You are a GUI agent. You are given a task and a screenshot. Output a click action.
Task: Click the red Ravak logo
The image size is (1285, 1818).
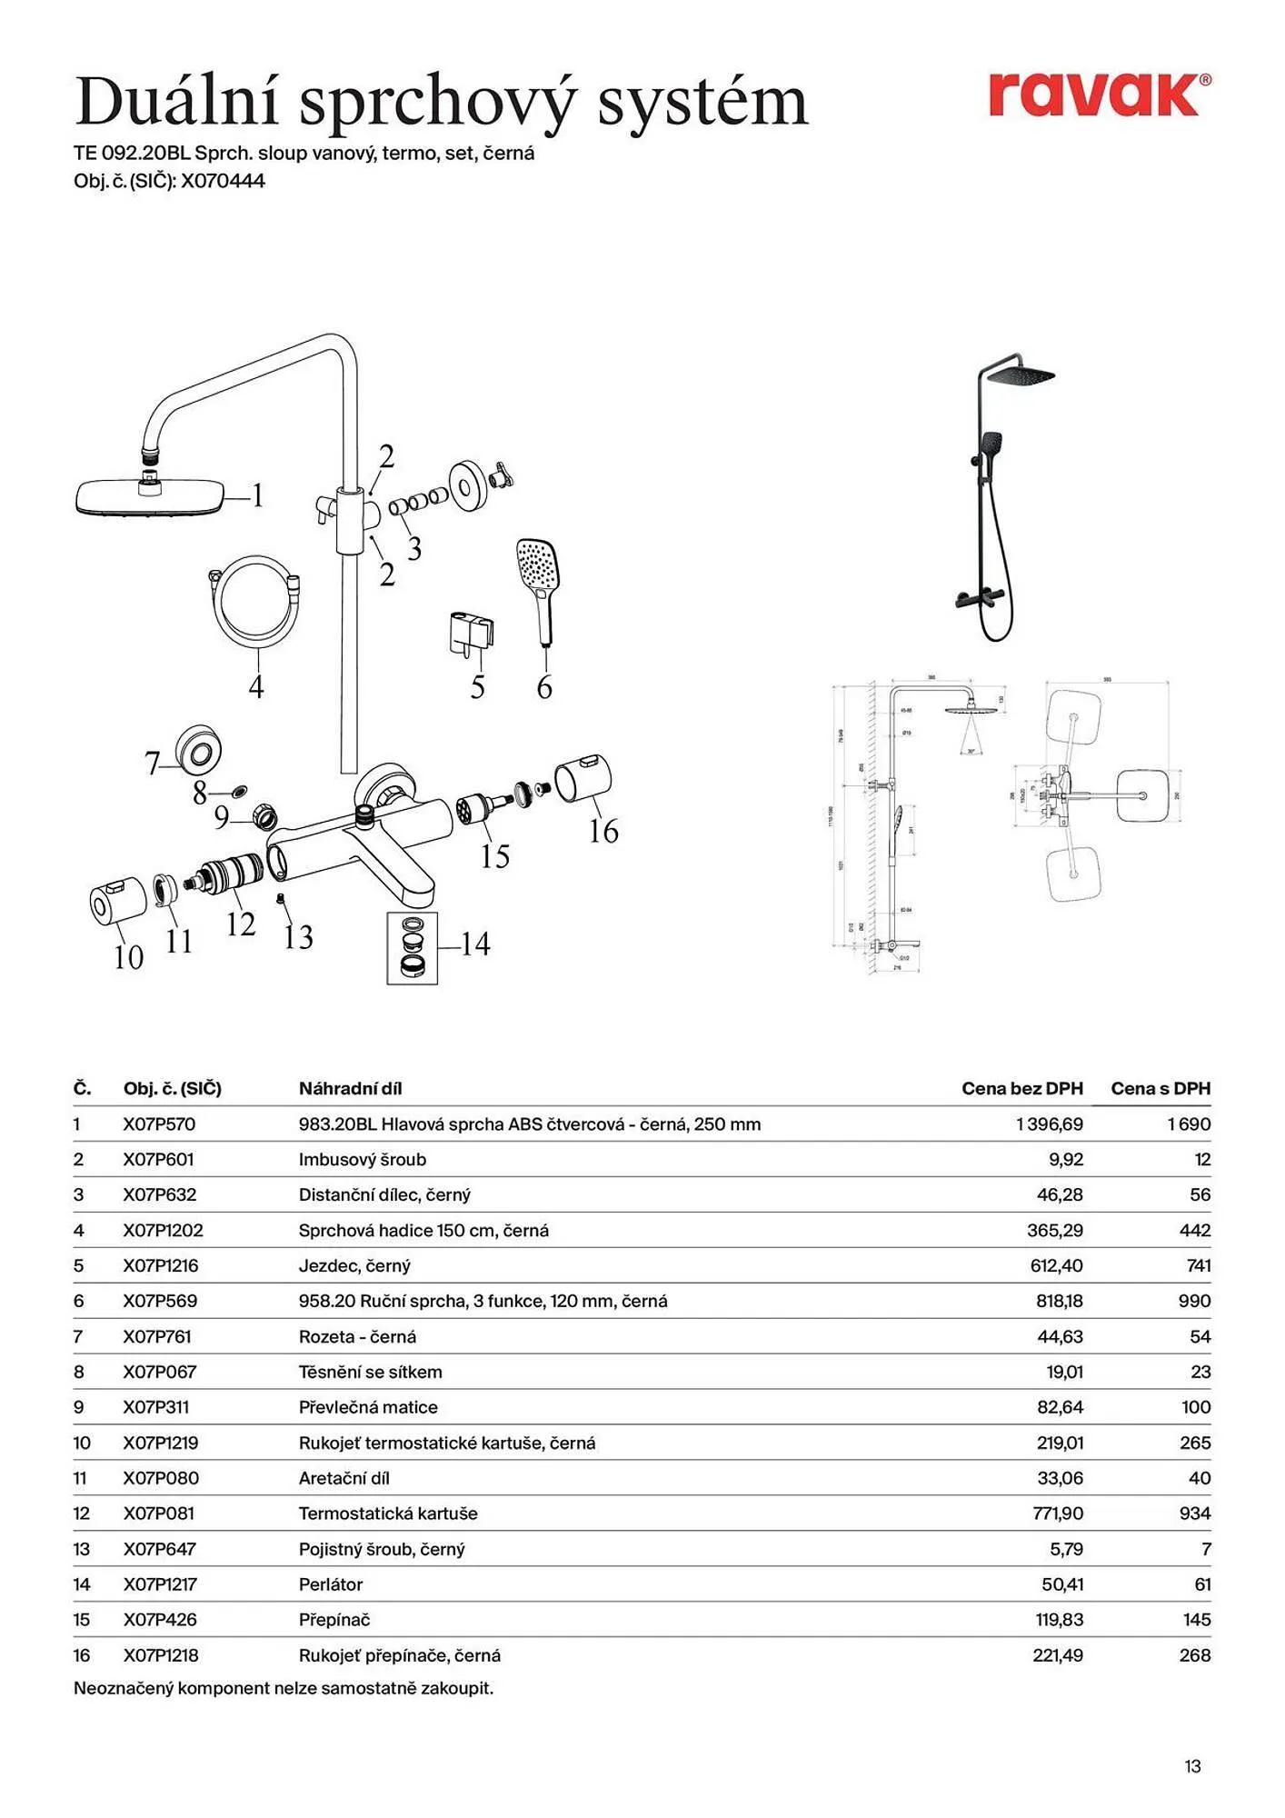tap(1098, 95)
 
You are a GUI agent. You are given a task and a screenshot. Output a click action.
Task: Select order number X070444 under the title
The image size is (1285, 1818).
tap(223, 181)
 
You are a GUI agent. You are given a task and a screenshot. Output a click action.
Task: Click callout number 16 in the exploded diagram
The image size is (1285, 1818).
tap(603, 831)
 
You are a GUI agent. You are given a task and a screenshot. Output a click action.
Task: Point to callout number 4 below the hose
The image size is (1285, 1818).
tap(256, 686)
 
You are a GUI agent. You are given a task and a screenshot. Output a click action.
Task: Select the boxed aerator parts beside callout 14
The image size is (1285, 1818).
tap(412, 948)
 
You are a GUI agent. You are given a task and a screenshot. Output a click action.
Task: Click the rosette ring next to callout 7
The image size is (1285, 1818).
tap(199, 751)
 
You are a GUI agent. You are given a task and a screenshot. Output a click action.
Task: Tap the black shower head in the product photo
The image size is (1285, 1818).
tap(1021, 375)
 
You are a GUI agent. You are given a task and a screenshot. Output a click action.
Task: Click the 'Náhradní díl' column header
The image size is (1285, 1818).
tap(350, 1088)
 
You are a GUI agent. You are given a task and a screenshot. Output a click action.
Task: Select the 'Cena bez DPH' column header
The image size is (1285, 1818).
tap(1021, 1088)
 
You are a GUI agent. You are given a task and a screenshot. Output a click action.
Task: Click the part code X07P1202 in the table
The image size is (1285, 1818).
tap(164, 1230)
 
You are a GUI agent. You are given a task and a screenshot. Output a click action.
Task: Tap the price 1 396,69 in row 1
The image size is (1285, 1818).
tap(1049, 1124)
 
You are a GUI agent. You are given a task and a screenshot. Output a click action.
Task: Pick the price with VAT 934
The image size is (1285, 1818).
tap(1194, 1513)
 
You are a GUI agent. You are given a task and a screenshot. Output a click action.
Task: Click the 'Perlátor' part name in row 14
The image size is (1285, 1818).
tap(331, 1584)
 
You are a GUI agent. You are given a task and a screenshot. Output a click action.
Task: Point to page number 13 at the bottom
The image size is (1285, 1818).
tap(1192, 1766)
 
